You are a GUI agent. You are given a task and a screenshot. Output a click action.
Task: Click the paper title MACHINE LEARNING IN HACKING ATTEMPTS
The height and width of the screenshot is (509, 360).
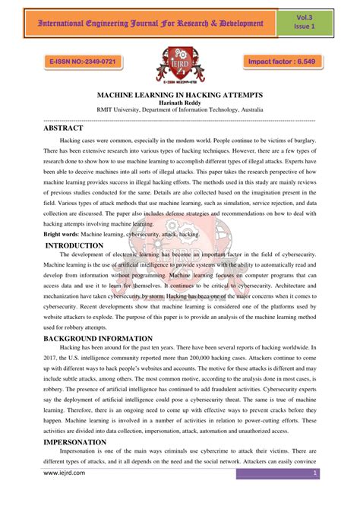pyautogui.click(x=180, y=96)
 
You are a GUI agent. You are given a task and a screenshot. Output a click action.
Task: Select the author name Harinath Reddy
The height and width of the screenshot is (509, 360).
pyautogui.click(x=180, y=103)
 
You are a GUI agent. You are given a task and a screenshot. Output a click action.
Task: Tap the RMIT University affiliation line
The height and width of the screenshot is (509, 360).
pyautogui.click(x=180, y=111)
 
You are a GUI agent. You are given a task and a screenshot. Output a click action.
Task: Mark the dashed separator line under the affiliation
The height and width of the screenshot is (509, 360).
pyautogui.click(x=180, y=120)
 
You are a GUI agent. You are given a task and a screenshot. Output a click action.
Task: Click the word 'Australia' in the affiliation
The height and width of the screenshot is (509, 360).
pyautogui.click(x=248, y=111)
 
